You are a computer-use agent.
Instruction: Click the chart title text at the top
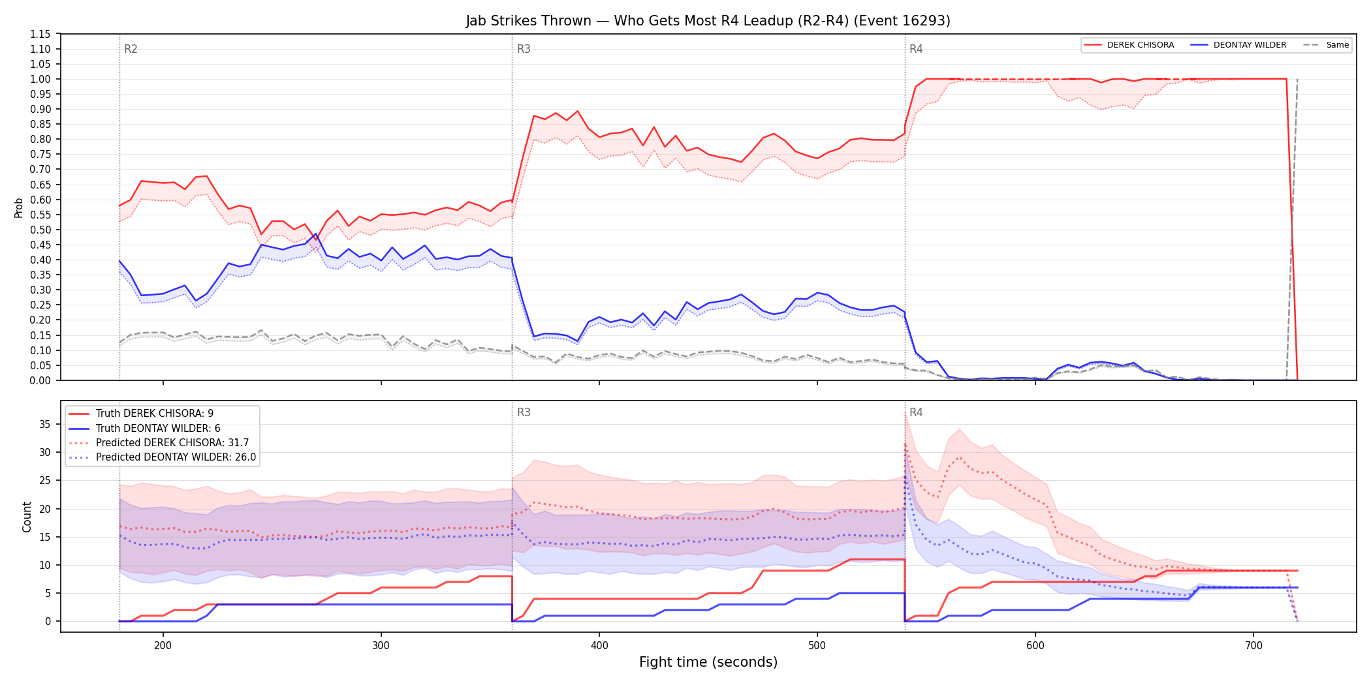coord(708,21)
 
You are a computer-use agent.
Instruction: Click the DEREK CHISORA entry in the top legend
coord(1140,45)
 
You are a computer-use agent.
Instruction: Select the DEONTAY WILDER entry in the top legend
coord(1250,45)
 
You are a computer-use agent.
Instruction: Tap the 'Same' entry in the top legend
coord(1338,45)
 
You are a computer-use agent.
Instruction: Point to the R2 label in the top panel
coord(131,49)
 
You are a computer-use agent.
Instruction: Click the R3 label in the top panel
coord(524,49)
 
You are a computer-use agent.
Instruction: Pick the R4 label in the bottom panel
coord(916,412)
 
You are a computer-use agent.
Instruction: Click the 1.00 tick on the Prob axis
coord(40,79)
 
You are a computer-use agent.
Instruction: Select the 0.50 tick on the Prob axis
coord(40,230)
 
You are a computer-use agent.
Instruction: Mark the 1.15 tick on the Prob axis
coord(40,34)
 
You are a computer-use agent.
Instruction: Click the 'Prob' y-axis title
coord(18,207)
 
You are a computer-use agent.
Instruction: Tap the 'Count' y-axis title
coord(27,517)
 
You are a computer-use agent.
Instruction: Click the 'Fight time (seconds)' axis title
coord(708,662)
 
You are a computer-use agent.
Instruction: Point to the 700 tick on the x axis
coord(1253,646)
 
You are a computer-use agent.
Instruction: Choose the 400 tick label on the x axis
coord(599,646)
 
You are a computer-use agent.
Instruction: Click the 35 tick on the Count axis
coord(44,424)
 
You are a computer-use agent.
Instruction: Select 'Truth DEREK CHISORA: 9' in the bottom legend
coord(155,414)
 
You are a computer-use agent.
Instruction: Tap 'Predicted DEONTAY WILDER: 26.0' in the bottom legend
coord(176,457)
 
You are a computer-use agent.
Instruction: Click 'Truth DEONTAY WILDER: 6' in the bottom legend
coord(158,429)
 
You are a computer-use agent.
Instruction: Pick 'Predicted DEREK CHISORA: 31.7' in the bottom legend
coord(172,443)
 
